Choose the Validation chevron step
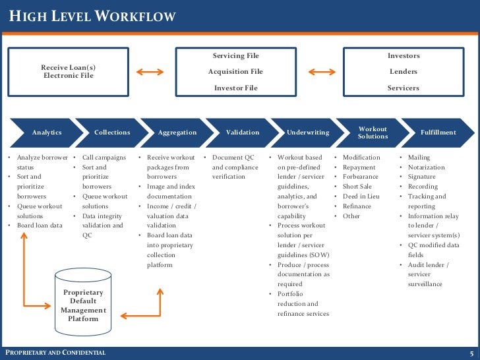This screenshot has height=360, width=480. point(241,133)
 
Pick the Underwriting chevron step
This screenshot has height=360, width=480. point(307,133)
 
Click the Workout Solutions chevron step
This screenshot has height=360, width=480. point(372,133)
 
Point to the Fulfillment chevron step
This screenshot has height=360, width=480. point(438,133)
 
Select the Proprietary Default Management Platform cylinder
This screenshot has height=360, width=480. point(83,303)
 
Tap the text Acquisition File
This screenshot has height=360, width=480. point(235,71)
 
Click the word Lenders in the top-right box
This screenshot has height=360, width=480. point(404,71)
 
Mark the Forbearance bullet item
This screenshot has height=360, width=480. point(361,177)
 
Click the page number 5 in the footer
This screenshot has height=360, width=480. point(471,353)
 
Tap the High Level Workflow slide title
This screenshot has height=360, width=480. point(92,16)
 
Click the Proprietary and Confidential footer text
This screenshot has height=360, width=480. point(55,353)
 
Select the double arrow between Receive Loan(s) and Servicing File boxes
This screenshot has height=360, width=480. point(150,71)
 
